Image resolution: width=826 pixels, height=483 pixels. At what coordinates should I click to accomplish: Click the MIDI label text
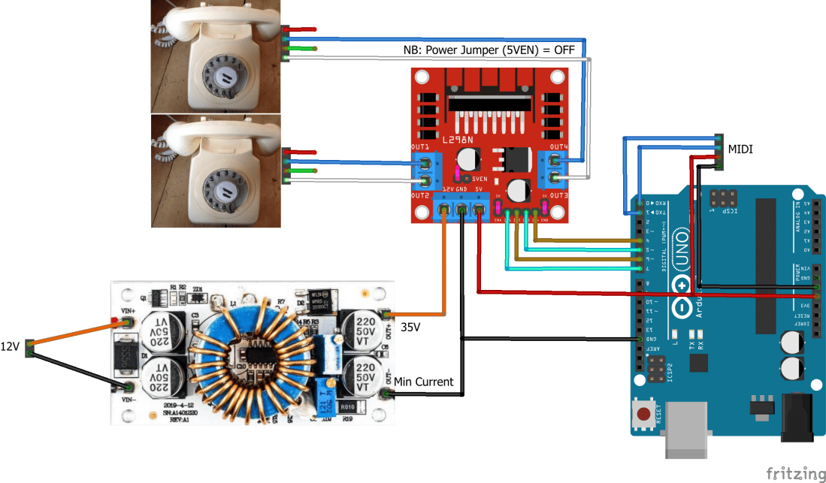tap(740, 149)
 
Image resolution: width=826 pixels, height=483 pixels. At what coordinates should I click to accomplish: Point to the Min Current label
tap(423, 382)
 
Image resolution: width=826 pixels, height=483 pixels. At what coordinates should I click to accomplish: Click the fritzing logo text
tap(795, 473)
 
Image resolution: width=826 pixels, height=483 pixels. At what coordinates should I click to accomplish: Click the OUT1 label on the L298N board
tap(420, 146)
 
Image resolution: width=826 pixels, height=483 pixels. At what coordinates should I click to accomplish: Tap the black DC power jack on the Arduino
tap(799, 418)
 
